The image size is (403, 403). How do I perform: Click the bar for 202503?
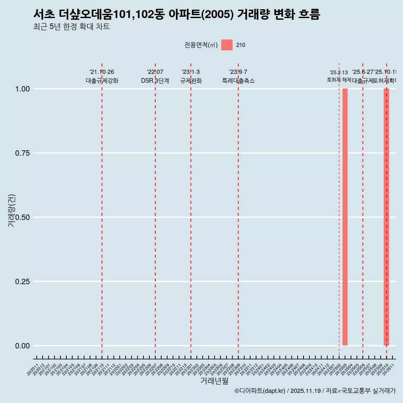345,217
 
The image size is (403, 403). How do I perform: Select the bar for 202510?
387,217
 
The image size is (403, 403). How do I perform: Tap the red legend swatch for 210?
227,45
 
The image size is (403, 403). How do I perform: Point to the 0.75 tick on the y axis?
23,153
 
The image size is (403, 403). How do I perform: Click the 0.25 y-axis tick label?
23,282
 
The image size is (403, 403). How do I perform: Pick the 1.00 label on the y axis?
23,89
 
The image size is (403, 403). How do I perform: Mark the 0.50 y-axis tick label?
23,217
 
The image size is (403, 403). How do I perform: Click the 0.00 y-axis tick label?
23,346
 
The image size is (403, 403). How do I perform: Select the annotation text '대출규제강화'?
102,81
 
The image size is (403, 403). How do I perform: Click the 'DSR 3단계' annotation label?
155,81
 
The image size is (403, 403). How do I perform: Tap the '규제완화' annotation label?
191,81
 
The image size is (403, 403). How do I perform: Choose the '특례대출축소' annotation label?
238,81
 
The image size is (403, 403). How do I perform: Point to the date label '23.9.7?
238,72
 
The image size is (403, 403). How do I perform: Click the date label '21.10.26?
102,72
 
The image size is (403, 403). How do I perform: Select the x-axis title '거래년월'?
215,381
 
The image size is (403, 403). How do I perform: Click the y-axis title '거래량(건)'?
12,210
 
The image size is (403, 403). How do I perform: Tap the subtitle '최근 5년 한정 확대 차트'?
71,27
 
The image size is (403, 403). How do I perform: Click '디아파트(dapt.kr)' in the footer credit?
260,391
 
